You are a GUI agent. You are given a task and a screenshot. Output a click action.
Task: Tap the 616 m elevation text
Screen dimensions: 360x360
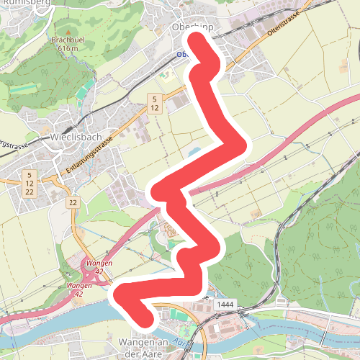[x=68, y=48]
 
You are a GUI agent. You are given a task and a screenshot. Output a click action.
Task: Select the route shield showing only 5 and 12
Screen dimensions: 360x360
[x=154, y=102]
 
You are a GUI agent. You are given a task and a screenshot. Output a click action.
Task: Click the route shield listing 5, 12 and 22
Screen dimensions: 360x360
[x=30, y=183]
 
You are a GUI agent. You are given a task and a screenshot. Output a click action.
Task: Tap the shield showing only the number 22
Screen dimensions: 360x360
[x=73, y=204]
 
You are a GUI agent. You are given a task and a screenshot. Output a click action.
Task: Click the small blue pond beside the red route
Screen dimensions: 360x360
[x=192, y=153]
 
